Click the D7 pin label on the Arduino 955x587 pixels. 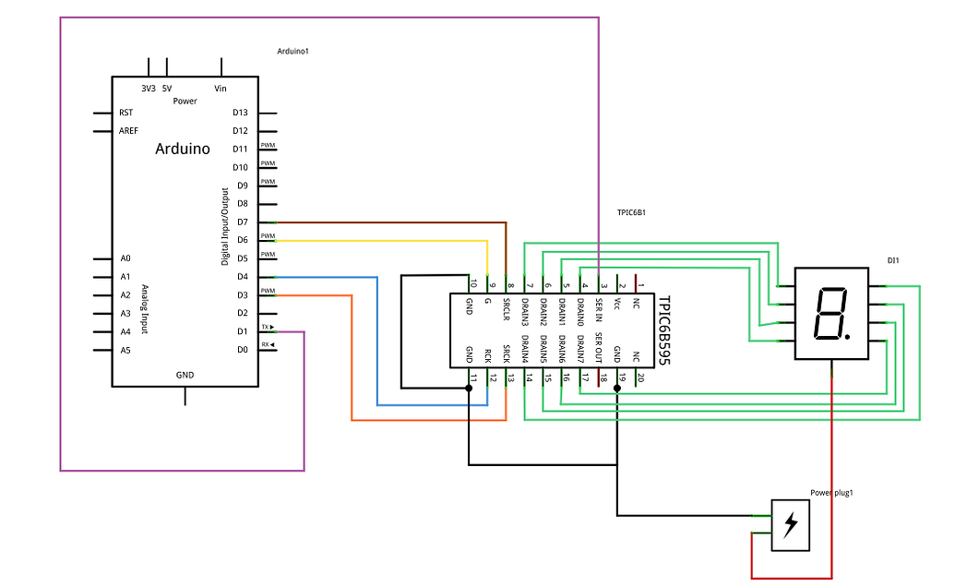click(x=242, y=222)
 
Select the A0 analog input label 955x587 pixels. click(x=125, y=258)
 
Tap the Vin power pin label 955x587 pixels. click(x=221, y=89)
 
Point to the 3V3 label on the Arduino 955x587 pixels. click(x=148, y=89)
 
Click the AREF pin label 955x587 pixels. click(x=129, y=131)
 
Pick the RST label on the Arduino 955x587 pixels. click(x=125, y=113)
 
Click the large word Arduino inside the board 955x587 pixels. click(x=182, y=149)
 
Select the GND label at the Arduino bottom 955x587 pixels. click(x=185, y=376)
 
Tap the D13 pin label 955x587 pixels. click(x=240, y=113)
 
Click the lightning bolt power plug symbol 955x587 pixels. click(x=791, y=525)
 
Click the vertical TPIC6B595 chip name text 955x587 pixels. click(x=663, y=330)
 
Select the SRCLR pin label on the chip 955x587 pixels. click(x=507, y=309)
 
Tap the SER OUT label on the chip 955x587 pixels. click(x=599, y=349)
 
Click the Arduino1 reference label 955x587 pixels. click(x=292, y=51)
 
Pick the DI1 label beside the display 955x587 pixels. click(x=892, y=261)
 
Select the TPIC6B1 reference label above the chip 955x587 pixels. click(x=631, y=212)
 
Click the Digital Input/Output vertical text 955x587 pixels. click(x=225, y=226)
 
